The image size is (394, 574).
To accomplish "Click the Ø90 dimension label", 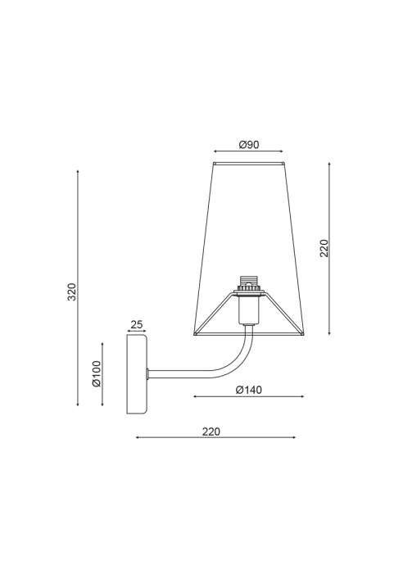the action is point(249,145).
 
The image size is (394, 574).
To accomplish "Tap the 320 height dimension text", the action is point(72,292).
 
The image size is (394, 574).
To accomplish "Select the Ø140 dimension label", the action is point(249,390).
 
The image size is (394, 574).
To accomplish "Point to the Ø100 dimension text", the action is point(97,373).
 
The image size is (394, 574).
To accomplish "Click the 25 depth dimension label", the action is point(137,324).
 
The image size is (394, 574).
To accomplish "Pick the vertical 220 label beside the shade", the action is point(324,248).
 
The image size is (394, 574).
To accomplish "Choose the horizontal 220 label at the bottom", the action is point(211,432).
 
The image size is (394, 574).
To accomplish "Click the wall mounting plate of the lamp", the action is point(137,373).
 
